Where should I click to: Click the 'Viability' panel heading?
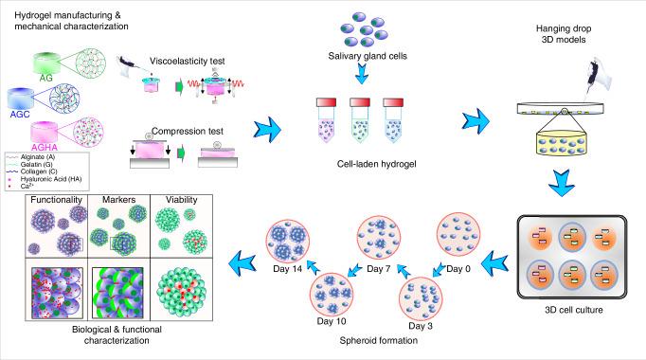tap(181, 200)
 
